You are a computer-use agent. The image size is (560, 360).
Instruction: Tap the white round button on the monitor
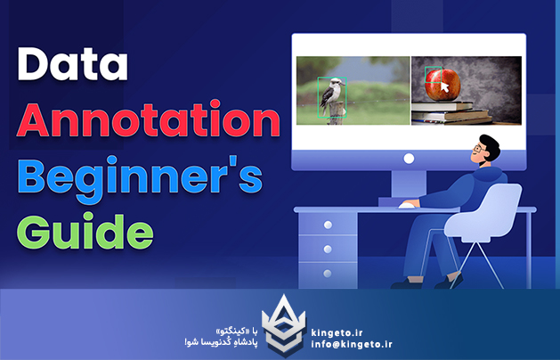409,159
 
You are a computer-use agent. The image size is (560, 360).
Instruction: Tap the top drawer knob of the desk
328,225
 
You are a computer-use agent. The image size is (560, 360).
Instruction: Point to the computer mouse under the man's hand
409,205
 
